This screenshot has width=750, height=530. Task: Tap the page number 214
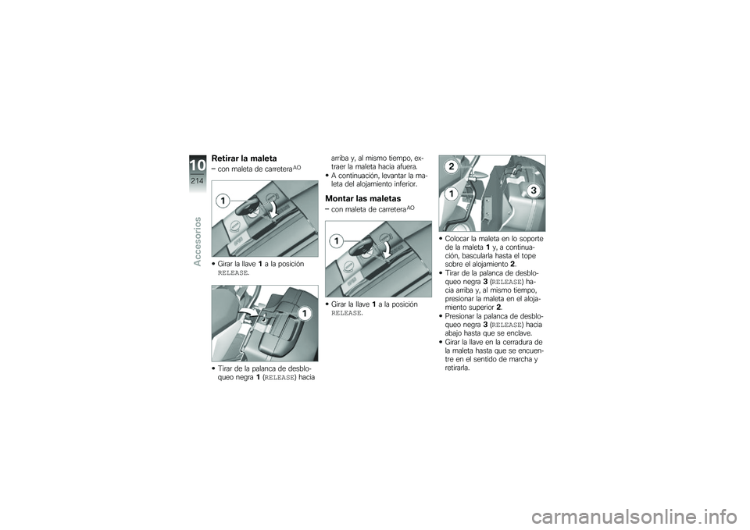(x=196, y=180)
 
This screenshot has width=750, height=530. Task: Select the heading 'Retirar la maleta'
(x=245, y=159)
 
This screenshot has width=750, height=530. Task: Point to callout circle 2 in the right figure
(x=451, y=167)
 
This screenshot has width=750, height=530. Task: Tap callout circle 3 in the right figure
(x=533, y=190)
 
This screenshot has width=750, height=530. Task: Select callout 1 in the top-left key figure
(x=223, y=201)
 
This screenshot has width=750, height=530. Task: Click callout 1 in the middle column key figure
(x=335, y=240)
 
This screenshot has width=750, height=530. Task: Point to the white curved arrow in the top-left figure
(x=276, y=208)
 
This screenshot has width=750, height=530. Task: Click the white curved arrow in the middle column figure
(x=387, y=248)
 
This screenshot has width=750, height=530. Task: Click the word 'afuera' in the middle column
(x=411, y=166)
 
